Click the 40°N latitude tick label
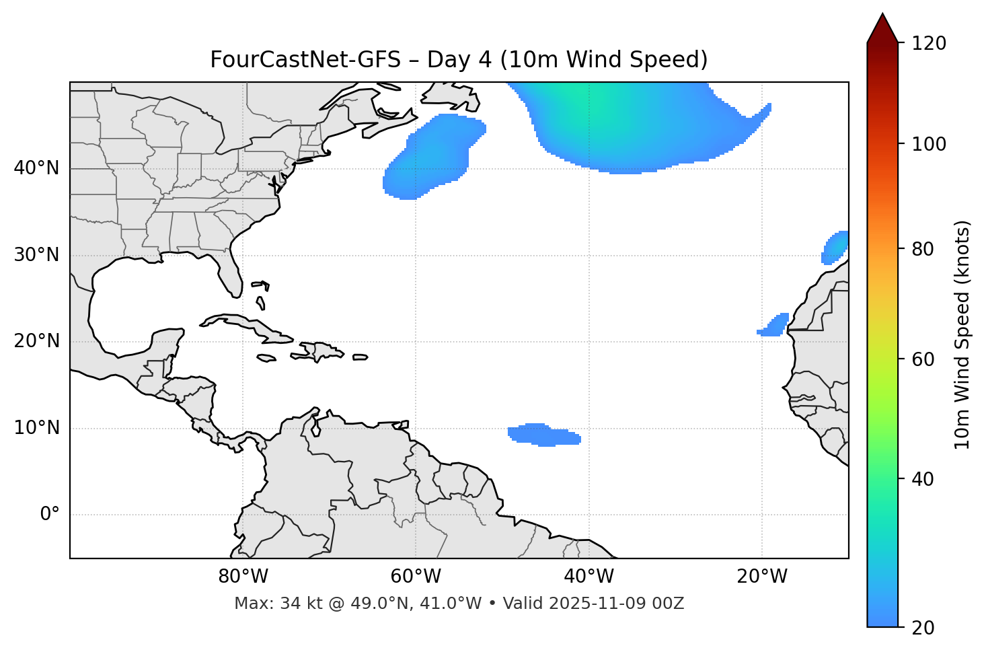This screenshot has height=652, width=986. pyautogui.click(x=36, y=168)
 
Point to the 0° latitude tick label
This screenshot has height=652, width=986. pyautogui.click(x=50, y=515)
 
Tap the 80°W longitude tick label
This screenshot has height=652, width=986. pyautogui.click(x=243, y=577)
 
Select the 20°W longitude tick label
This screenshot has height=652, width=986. pyautogui.click(x=762, y=577)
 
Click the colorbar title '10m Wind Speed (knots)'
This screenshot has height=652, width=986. pyautogui.click(x=963, y=334)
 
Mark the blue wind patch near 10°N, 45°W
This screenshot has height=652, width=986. pyautogui.click(x=543, y=435)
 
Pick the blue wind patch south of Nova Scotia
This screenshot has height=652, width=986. pyautogui.click(x=434, y=156)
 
